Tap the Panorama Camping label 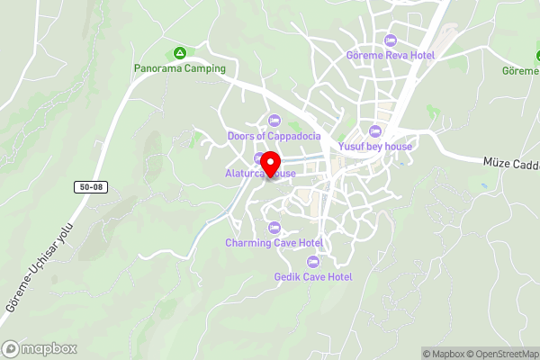coord(180,67)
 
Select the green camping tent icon coord(180,53)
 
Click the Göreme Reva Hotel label coord(390,54)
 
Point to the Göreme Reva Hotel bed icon coord(390,40)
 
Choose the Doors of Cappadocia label coord(274,136)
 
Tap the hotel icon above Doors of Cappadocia coord(274,121)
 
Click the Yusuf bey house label coord(375,145)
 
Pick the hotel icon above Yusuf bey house coord(375,130)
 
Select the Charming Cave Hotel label coord(274,242)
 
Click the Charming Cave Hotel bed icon coord(274,227)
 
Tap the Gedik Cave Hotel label coord(313,276)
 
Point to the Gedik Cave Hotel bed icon coord(313,261)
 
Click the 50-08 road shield coord(86,185)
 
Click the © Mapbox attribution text coord(443,354)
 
